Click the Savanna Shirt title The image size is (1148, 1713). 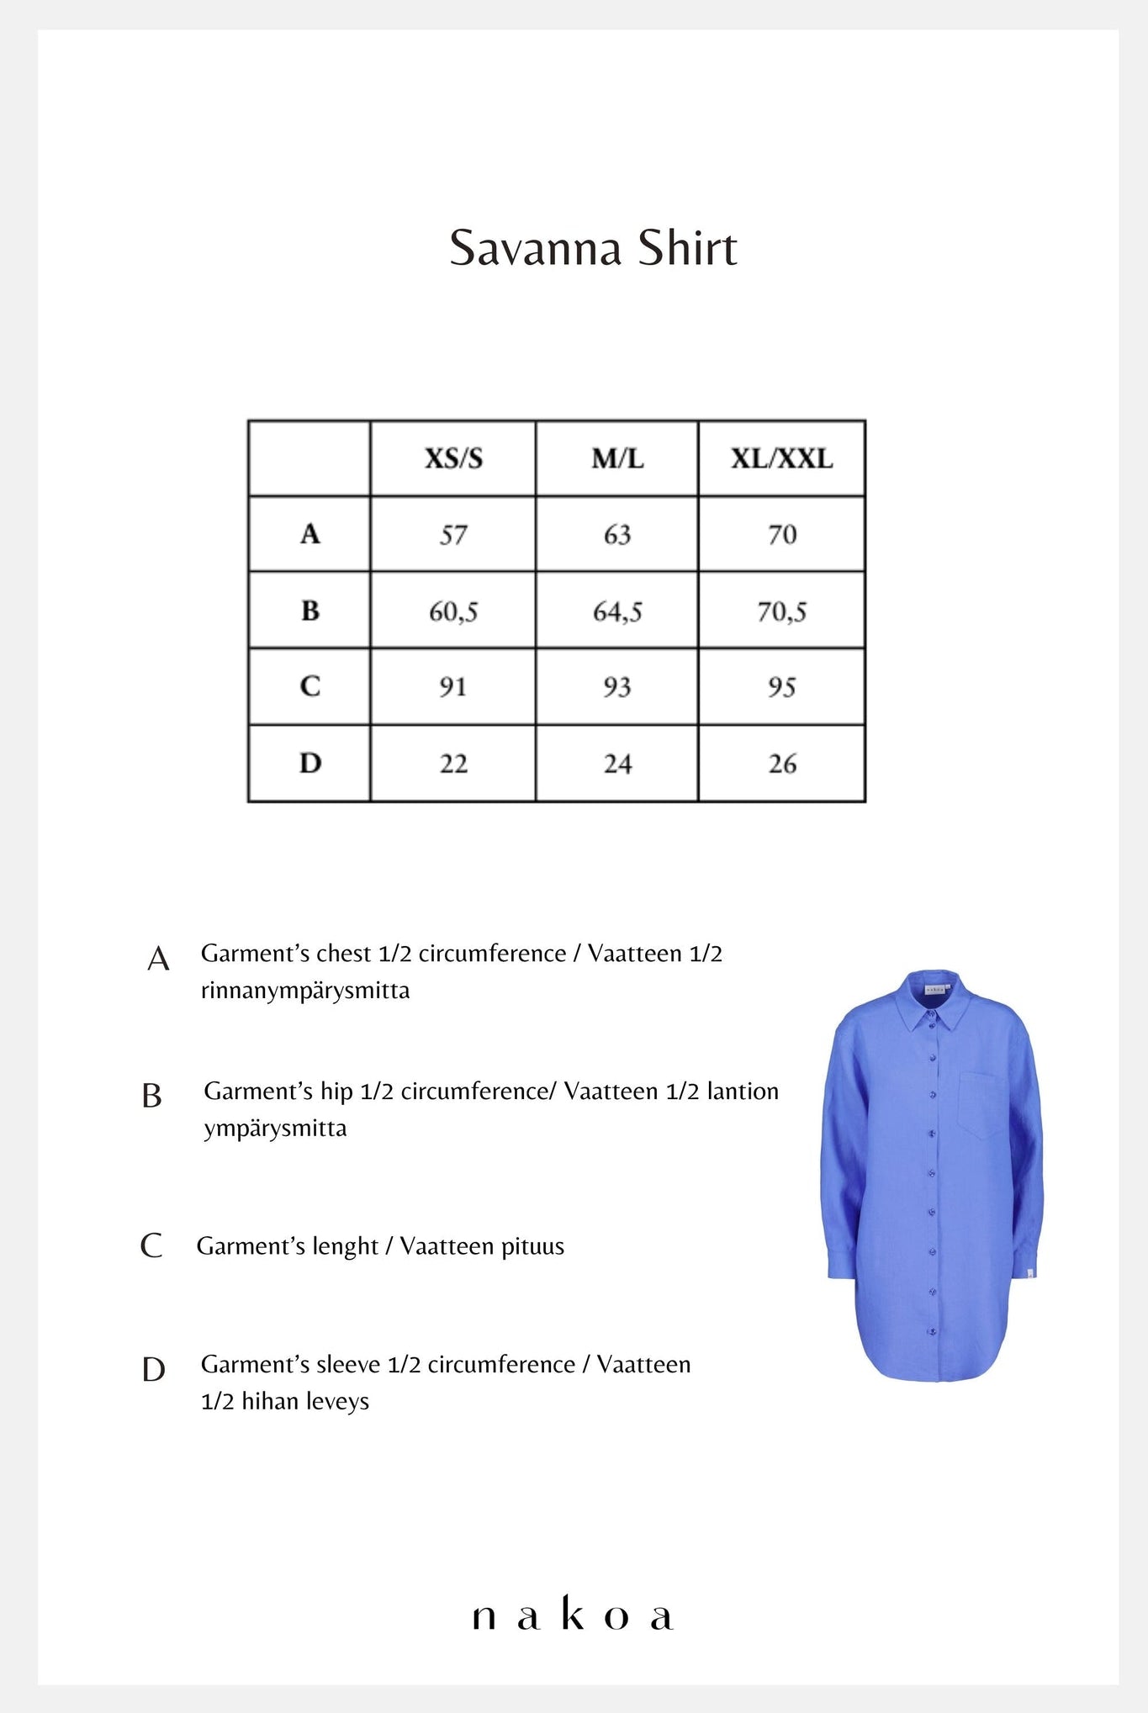click(593, 248)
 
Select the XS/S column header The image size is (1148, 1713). click(453, 458)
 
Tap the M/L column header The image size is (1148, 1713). click(617, 458)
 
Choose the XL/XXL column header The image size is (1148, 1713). click(781, 458)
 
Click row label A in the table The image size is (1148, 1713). click(310, 534)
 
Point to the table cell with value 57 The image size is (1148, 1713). click(453, 535)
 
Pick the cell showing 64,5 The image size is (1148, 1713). click(617, 611)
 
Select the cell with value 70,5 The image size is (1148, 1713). click(781, 611)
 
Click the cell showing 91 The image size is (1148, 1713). click(453, 687)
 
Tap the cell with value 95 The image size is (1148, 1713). click(781, 687)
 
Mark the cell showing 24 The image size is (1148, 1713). click(617, 764)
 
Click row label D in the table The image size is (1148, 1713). click(310, 764)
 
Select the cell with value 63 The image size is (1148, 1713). click(617, 535)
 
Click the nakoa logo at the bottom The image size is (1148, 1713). click(573, 1615)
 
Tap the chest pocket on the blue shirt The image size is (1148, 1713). click(981, 1104)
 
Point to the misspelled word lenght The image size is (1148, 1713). click(345, 1246)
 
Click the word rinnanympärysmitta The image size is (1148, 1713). click(305, 991)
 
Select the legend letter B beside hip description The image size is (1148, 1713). click(152, 1096)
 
